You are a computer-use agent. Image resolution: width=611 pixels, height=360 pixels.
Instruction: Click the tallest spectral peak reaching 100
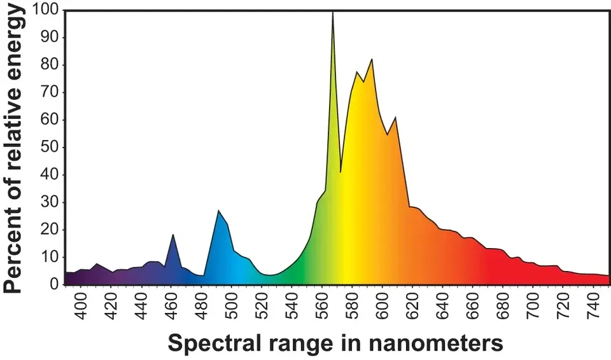[x=332, y=13]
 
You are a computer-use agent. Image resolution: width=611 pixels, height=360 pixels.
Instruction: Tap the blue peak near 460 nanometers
[x=172, y=235]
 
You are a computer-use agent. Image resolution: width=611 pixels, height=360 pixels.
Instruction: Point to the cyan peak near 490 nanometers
[x=218, y=211]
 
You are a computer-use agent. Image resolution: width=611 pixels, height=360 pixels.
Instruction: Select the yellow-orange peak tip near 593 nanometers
[x=372, y=59]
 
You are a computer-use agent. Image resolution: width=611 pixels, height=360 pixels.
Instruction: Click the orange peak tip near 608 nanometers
[x=395, y=117]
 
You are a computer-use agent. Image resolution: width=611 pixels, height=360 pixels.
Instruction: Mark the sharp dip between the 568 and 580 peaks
[x=341, y=172]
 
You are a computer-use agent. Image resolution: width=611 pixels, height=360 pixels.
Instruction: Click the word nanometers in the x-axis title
[x=435, y=343]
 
